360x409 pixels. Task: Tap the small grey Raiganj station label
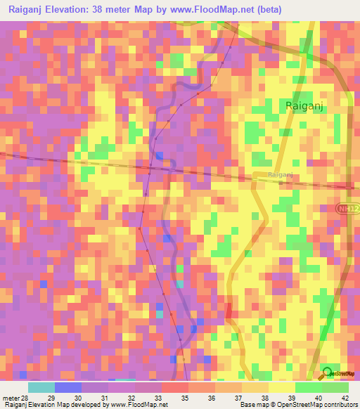click(280, 175)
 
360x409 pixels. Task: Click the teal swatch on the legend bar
click(41, 387)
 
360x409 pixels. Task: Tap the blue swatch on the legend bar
click(68, 387)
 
